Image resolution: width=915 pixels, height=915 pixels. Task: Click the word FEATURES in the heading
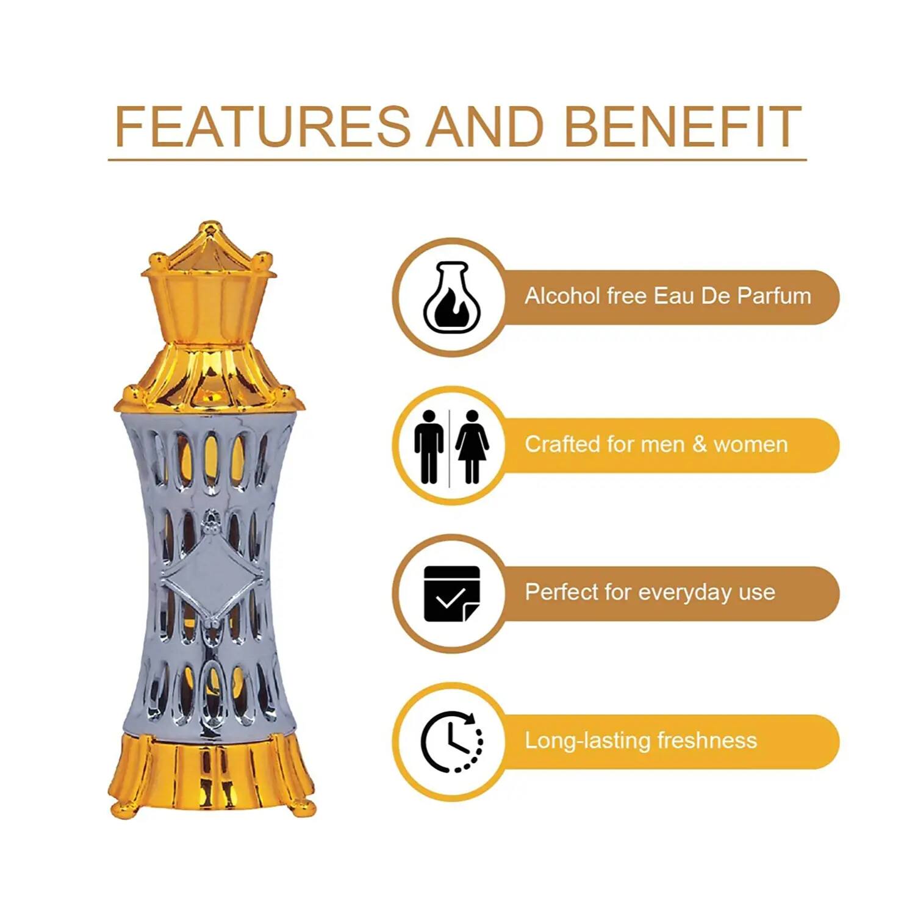(263, 126)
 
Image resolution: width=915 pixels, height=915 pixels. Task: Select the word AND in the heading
(486, 126)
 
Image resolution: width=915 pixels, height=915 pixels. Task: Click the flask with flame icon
(452, 298)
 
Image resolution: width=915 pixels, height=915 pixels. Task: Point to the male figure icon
(429, 447)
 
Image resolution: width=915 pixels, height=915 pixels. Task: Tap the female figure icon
(472, 447)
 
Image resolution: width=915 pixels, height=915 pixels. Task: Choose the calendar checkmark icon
(452, 594)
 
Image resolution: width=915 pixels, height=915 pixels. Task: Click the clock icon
(452, 742)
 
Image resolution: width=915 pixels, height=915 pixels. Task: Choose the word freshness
(707, 741)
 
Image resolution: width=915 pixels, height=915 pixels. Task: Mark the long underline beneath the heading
(457, 160)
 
